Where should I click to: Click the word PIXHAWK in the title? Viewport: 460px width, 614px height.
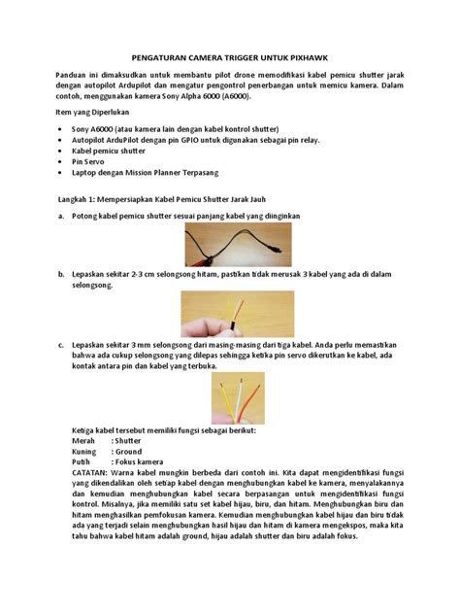click(x=308, y=58)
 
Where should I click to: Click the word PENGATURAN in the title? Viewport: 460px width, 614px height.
click(x=160, y=58)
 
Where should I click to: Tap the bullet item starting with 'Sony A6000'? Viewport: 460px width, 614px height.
click(x=155, y=129)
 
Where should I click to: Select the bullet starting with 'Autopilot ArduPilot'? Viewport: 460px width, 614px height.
click(x=194, y=140)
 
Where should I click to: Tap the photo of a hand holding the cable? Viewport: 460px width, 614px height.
click(x=229, y=313)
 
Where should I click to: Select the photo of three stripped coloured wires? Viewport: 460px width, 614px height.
click(x=229, y=395)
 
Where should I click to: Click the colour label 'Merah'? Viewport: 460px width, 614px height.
click(x=85, y=440)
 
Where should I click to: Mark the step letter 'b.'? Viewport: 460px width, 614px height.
click(x=62, y=276)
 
